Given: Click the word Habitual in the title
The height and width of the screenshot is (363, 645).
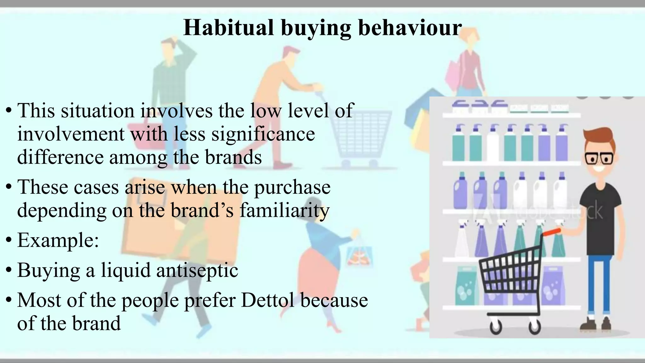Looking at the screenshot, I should (228, 28).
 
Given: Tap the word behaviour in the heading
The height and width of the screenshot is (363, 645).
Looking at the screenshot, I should (410, 28).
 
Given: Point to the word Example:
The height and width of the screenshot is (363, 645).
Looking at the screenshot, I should (58, 240).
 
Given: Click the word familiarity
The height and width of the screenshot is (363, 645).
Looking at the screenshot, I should (284, 210).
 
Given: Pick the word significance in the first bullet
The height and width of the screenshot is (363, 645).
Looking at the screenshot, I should (263, 134).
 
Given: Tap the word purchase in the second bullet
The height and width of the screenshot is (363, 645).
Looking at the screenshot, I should (292, 187).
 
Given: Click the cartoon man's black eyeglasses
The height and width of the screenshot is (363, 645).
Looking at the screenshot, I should (599, 158).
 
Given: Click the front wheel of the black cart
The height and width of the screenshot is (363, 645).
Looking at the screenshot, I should (496, 326).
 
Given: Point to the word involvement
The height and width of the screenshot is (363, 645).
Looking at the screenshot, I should (71, 134).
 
